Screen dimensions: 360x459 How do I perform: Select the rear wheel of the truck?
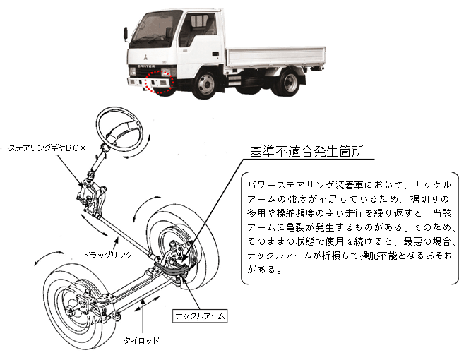(x=287, y=81)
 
